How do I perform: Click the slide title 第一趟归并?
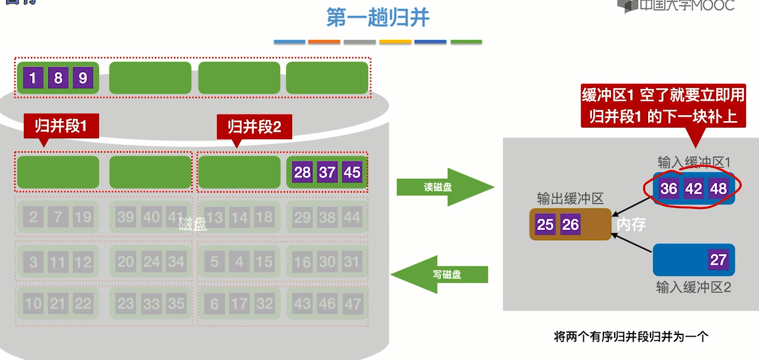[x=378, y=17]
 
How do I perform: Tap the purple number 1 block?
[x=33, y=77]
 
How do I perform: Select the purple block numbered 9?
[x=83, y=77]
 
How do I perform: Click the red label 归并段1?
[x=61, y=126]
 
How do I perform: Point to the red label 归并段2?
[x=254, y=126]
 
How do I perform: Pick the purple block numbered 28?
[x=302, y=172]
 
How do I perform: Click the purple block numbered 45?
[x=352, y=172]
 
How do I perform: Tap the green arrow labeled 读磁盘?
[x=439, y=187]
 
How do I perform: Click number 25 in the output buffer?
[x=545, y=224]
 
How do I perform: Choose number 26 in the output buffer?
[x=571, y=224]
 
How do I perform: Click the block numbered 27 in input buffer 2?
[x=718, y=260]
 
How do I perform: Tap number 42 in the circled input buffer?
[x=693, y=188]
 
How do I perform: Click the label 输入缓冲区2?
[x=693, y=287]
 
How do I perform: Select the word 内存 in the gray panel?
[x=631, y=225]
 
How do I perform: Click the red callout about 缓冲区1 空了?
[x=663, y=105]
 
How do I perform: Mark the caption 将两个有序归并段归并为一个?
[x=631, y=337]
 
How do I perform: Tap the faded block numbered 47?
[x=352, y=304]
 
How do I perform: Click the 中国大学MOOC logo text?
[x=686, y=5]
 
